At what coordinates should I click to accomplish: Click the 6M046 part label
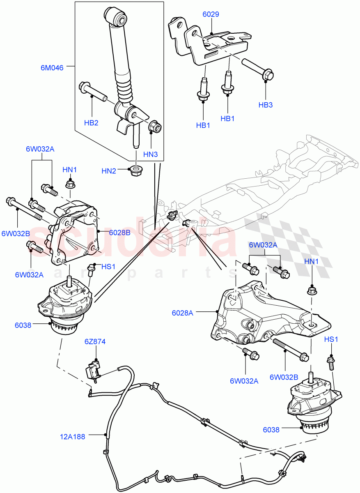(x=52, y=68)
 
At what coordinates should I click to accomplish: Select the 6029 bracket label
(x=211, y=14)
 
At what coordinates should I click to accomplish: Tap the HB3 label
(x=266, y=105)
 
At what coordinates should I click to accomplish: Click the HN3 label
(x=150, y=155)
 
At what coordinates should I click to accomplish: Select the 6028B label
(x=119, y=232)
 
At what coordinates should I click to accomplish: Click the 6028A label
(x=182, y=313)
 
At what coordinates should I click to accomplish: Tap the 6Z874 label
(x=95, y=341)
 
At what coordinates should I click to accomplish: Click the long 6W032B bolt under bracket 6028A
(x=288, y=349)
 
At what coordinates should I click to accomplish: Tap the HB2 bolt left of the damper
(x=92, y=92)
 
